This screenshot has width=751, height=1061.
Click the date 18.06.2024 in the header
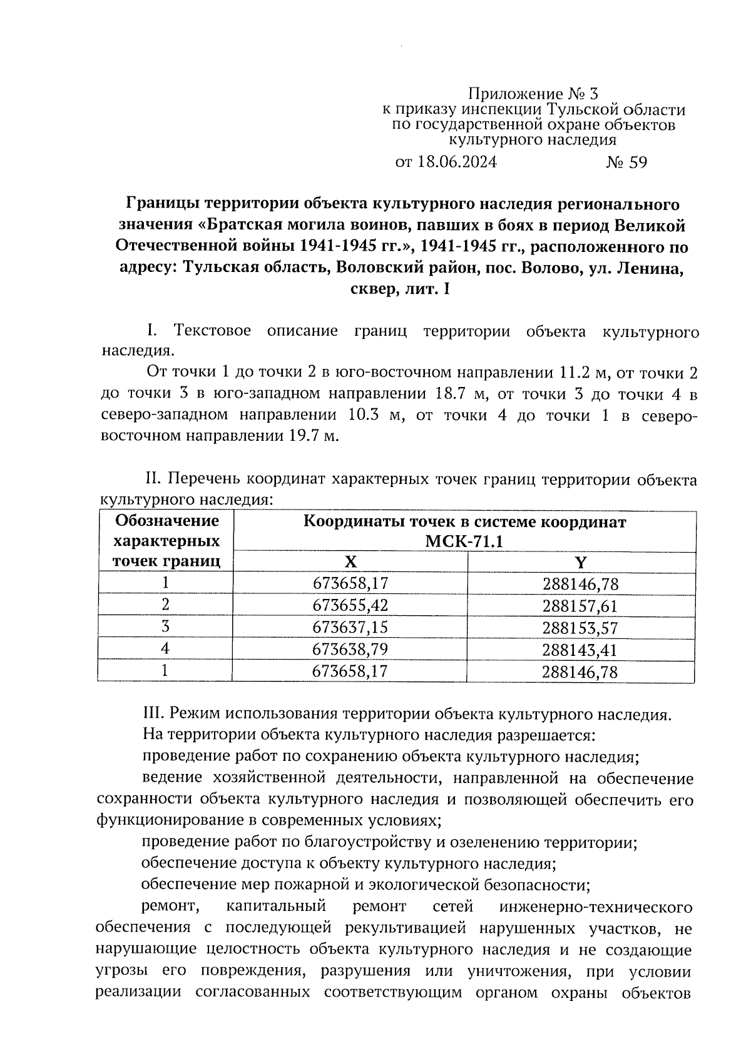pyautogui.click(x=456, y=163)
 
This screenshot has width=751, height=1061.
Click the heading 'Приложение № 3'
pyautogui.click(x=533, y=94)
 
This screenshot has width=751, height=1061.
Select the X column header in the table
pyautogui.click(x=350, y=562)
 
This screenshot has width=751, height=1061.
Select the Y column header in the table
pyautogui.click(x=581, y=562)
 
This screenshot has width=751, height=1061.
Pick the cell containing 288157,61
pyautogui.click(x=581, y=606)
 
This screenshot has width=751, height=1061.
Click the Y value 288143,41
pyautogui.click(x=581, y=650)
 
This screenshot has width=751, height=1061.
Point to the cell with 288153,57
pyautogui.click(x=581, y=628)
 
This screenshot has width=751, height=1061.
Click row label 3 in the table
pyautogui.click(x=165, y=627)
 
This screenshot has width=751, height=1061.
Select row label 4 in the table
pyautogui.click(x=165, y=649)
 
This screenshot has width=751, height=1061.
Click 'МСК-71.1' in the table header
pyautogui.click(x=464, y=541)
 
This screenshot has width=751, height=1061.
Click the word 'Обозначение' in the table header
pyautogui.click(x=168, y=521)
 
